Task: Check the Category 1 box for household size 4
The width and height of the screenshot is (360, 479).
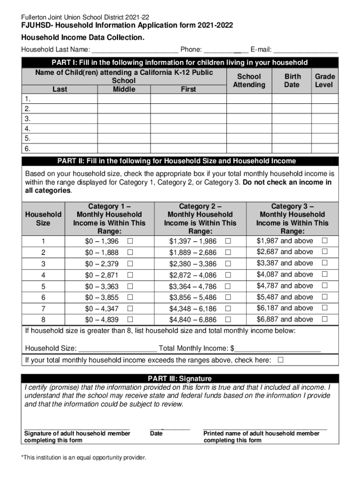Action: coord(130,275)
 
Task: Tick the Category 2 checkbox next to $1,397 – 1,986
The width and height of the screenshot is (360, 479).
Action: coord(228,241)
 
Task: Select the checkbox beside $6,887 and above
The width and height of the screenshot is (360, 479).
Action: coord(324,319)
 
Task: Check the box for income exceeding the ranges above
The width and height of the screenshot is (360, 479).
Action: coord(281,360)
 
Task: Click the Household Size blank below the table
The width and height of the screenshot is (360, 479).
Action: coord(117,349)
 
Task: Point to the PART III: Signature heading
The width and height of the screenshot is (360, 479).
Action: coord(180,378)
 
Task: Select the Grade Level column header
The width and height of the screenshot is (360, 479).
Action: coord(324,80)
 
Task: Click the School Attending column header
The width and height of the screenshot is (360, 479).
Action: coord(249,80)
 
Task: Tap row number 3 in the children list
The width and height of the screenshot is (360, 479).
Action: coord(28,118)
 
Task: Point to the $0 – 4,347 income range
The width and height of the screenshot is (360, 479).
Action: coord(102,309)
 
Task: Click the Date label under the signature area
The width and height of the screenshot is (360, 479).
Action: coord(156,434)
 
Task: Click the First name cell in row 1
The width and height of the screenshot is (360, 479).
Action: coord(188,99)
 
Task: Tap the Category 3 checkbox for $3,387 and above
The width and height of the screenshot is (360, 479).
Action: coord(324,263)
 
